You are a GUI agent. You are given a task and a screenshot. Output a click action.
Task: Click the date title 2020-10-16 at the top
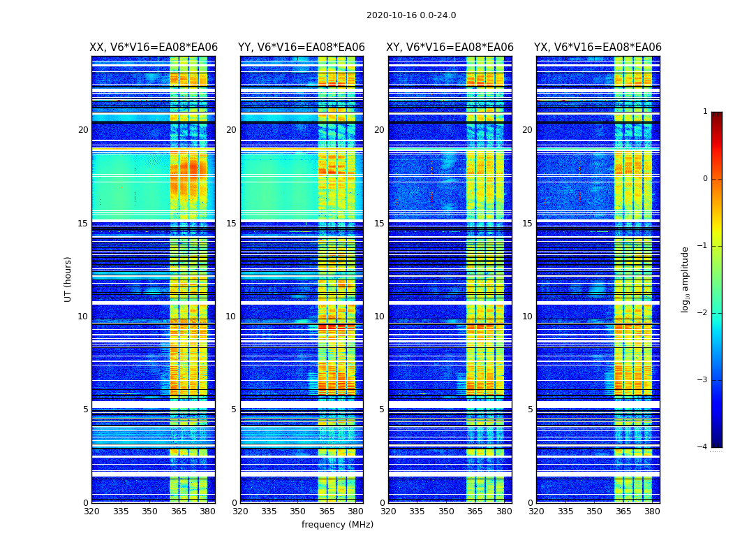(410, 15)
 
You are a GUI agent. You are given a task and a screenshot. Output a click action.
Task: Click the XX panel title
(154, 48)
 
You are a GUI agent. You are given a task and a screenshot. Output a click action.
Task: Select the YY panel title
(302, 48)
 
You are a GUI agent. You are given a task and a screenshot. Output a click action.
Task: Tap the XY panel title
(450, 48)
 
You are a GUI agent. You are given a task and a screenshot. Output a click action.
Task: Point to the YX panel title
(598, 48)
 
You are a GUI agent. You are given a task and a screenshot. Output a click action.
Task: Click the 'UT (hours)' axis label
(68, 279)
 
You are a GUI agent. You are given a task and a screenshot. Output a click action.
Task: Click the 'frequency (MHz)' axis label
(337, 525)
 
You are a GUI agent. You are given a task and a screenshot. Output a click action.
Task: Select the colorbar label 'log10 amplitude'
(686, 279)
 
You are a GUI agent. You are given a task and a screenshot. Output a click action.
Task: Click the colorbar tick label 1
(705, 112)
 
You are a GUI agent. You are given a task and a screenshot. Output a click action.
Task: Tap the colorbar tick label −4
(703, 447)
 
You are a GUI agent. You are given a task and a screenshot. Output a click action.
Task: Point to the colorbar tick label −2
(703, 313)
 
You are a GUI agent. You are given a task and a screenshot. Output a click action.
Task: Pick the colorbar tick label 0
(705, 179)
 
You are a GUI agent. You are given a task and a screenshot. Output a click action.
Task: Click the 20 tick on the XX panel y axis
(83, 130)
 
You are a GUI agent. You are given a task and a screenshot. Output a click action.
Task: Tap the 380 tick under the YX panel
(652, 511)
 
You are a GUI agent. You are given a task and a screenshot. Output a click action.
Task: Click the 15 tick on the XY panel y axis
(380, 224)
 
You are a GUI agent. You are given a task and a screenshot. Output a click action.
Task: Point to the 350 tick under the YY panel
(298, 511)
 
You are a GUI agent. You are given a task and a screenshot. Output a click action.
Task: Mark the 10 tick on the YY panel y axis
(231, 317)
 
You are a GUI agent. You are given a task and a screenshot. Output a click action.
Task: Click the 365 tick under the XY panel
(475, 511)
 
